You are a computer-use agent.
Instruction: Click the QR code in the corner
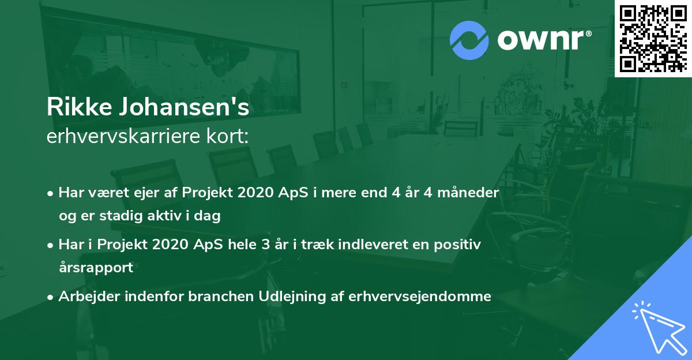click(653, 39)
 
